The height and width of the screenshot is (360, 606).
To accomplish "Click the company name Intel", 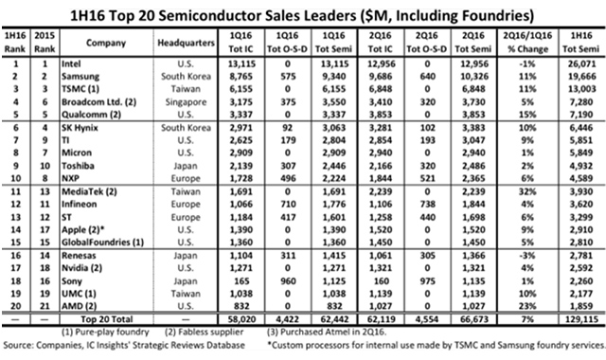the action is tap(71, 63).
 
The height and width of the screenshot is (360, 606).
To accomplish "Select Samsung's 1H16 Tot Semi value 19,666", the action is tap(581, 77).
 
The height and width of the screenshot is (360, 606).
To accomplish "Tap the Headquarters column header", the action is tap(186, 43).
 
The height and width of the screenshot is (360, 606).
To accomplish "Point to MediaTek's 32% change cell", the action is tap(527, 191).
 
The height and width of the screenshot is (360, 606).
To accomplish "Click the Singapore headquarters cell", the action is tap(186, 102).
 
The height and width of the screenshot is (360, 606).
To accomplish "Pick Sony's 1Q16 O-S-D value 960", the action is tap(288, 281).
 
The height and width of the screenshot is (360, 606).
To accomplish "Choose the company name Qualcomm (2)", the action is tap(91, 115).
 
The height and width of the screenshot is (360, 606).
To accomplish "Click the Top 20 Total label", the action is tap(107, 319).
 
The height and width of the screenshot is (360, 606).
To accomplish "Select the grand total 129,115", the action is tap(580, 319).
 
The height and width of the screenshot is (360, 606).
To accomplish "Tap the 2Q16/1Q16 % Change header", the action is tap(527, 43).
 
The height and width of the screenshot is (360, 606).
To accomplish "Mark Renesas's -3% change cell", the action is tap(527, 256).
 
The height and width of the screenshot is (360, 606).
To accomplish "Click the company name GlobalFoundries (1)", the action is tap(103, 243).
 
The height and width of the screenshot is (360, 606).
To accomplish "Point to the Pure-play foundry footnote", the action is tap(105, 332).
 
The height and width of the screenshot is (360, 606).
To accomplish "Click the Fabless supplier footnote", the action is tap(205, 332).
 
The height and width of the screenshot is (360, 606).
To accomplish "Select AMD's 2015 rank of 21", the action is tap(45, 306).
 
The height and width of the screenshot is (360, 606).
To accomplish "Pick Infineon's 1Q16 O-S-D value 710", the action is tap(288, 205).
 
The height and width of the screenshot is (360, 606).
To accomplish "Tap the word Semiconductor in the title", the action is tap(210, 16).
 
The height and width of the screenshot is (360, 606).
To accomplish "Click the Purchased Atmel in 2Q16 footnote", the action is tap(327, 332).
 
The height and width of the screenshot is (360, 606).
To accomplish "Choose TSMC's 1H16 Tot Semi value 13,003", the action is tap(581, 89).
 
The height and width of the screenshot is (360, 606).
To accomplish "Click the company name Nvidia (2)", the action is tap(82, 268).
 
